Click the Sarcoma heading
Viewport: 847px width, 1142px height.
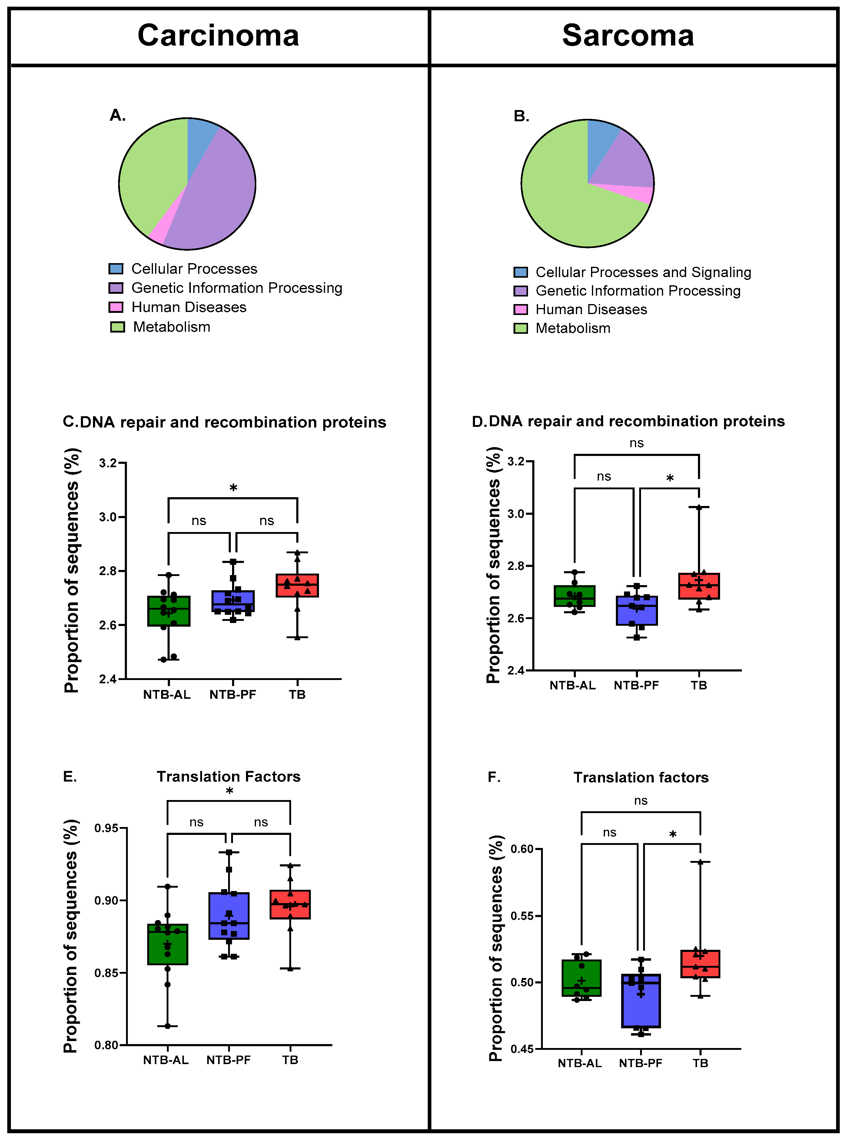[x=628, y=35]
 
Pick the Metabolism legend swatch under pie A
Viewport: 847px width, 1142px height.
[x=118, y=327]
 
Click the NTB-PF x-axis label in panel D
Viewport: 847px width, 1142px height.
[x=636, y=685]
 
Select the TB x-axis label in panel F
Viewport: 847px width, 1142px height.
[x=700, y=1063]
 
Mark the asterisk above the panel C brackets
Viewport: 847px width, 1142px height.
[x=233, y=488]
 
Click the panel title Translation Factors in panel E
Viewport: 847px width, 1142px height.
[x=229, y=777]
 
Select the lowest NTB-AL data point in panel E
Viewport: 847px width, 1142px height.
[x=168, y=1026]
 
